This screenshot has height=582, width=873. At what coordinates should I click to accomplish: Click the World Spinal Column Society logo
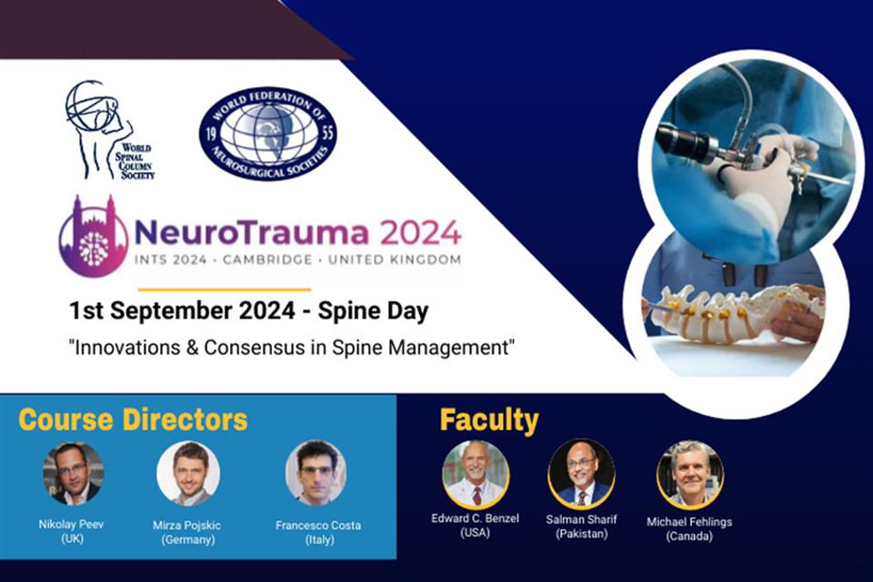click(107, 130)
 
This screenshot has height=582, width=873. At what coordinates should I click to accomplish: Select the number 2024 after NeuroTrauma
click(420, 233)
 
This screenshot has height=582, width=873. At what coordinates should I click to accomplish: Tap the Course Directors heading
click(133, 420)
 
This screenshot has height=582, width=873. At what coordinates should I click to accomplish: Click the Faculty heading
click(489, 420)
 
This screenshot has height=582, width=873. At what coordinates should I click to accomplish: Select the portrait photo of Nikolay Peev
click(73, 473)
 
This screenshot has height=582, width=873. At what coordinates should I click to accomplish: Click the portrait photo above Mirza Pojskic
click(188, 473)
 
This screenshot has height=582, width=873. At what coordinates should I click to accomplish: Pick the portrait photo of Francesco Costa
click(316, 473)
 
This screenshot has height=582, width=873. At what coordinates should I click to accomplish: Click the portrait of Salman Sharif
click(581, 473)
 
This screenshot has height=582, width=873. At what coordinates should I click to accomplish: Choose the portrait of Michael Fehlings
click(689, 474)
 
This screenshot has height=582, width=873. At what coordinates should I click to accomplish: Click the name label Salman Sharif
click(582, 518)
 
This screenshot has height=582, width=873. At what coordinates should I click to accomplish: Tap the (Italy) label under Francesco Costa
click(318, 539)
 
